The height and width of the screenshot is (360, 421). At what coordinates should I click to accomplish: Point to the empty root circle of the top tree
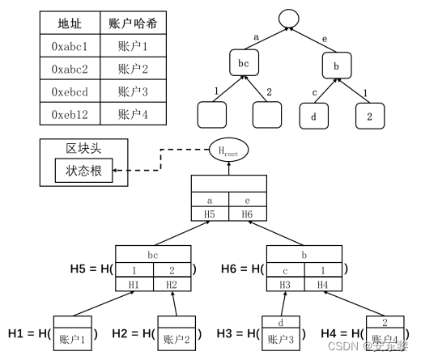288,18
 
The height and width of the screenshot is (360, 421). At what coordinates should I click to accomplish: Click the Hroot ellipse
229,150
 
